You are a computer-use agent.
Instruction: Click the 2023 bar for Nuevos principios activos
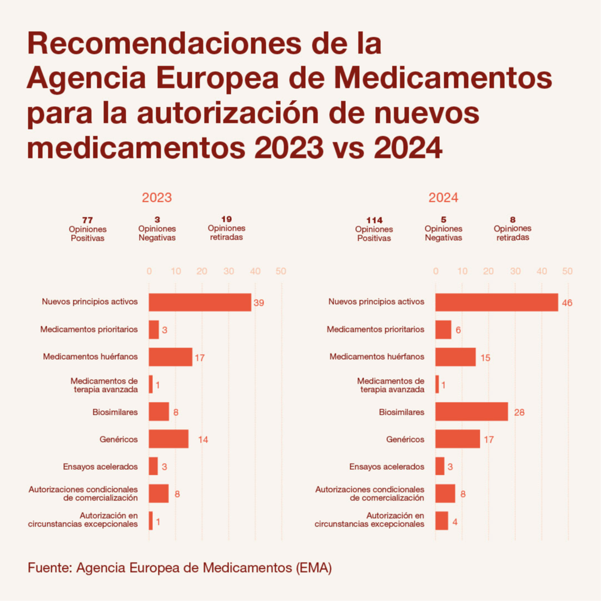click(x=200, y=302)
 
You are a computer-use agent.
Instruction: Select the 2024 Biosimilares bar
click(x=471, y=412)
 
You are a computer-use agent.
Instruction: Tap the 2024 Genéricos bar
click(x=457, y=439)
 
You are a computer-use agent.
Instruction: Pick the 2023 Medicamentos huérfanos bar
click(x=170, y=357)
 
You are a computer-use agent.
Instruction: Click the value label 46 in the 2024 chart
click(x=567, y=303)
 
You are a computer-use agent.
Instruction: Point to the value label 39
click(x=259, y=303)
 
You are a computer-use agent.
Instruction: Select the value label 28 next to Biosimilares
click(x=520, y=413)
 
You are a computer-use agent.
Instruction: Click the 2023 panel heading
click(x=157, y=198)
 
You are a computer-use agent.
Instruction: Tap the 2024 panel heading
click(x=443, y=198)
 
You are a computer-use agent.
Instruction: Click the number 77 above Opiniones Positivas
click(x=87, y=220)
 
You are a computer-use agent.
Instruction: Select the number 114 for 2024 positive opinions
click(x=374, y=220)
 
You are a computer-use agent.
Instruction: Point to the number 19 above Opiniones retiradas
click(x=226, y=220)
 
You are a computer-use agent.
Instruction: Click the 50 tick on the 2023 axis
click(x=281, y=271)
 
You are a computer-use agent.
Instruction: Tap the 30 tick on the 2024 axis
click(x=515, y=271)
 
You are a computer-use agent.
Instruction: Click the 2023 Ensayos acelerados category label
click(x=101, y=466)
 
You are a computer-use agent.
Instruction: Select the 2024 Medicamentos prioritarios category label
click(x=375, y=330)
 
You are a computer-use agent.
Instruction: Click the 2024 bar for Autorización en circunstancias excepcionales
click(x=441, y=521)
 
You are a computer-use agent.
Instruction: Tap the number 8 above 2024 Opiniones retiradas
click(x=513, y=220)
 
